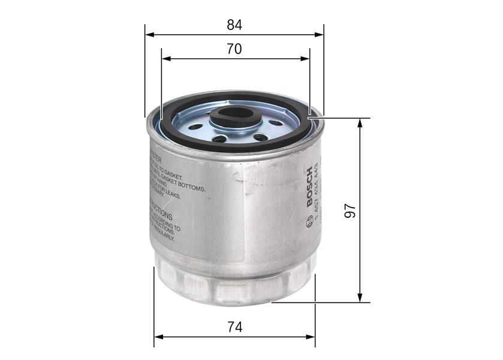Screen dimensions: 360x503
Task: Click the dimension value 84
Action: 234,25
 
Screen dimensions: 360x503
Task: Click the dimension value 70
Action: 234,49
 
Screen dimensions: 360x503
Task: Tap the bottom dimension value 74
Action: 234,327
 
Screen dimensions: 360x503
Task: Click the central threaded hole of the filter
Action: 235,112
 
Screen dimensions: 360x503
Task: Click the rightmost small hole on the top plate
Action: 276,122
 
